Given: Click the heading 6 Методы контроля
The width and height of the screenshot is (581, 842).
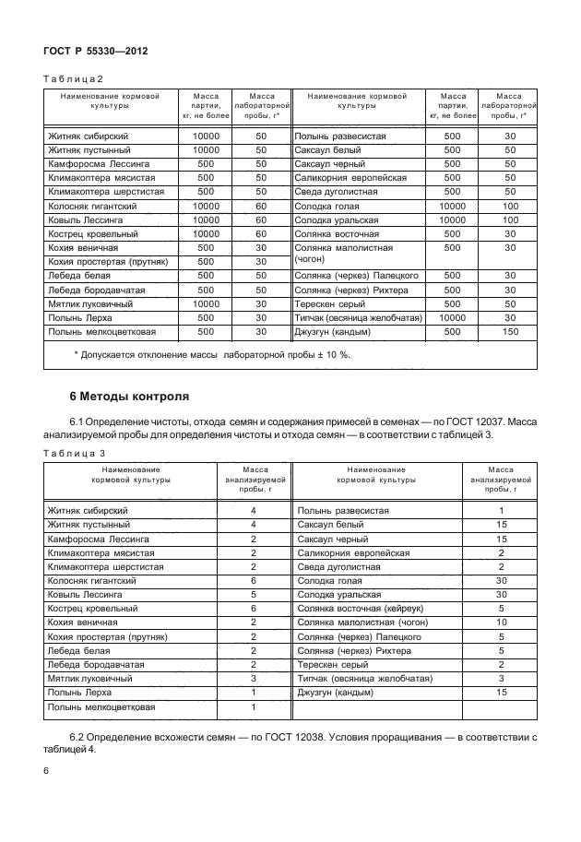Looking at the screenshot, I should [130, 397].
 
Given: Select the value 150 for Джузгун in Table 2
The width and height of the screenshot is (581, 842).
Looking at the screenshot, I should [510, 331].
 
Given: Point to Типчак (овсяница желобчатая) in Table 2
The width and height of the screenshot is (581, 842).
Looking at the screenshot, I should [358, 317].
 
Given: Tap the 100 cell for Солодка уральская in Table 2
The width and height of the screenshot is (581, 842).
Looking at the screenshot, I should [510, 220].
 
